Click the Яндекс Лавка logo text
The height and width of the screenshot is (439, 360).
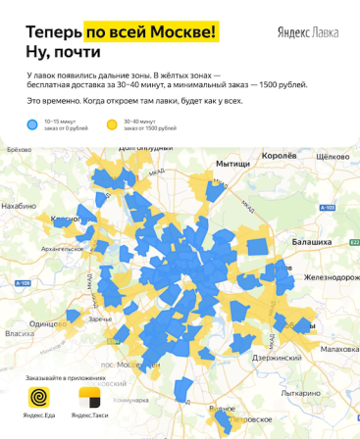308,32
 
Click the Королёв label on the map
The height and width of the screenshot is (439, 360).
281,156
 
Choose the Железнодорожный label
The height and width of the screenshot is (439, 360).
330,277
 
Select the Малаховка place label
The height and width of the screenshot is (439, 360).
339,349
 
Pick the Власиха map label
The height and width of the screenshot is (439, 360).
20,333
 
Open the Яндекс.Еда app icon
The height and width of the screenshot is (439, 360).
39,399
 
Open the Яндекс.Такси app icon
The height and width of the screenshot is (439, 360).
92,399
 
